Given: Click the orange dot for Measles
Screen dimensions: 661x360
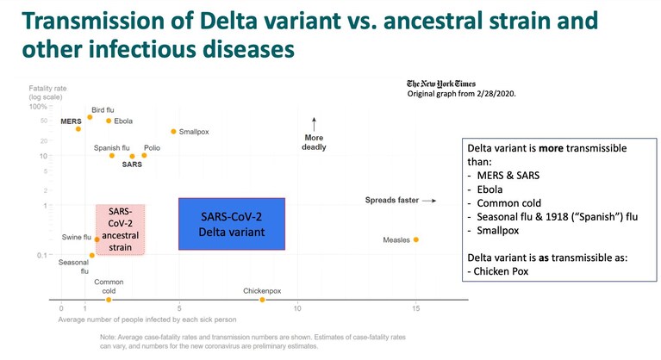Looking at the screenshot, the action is point(416,239).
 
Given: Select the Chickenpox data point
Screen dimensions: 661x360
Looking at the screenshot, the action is point(262,300).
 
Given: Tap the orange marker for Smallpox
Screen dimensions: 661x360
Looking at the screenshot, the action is point(173,132).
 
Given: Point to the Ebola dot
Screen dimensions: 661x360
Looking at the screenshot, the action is point(109,121).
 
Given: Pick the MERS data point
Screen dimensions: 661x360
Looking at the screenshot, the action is point(78,129).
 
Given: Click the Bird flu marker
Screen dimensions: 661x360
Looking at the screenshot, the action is point(90,117).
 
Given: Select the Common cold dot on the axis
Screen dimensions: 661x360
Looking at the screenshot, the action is point(109,300).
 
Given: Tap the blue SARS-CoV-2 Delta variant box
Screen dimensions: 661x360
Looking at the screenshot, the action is point(232,224).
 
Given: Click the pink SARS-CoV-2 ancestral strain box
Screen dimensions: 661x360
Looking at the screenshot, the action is point(120,229).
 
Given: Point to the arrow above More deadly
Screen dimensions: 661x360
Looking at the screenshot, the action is point(314,125).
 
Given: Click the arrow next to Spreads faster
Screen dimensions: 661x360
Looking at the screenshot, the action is point(429,201).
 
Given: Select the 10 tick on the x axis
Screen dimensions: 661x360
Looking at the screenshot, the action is point(297,308).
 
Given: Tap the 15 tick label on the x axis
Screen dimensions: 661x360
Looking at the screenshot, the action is point(416,308).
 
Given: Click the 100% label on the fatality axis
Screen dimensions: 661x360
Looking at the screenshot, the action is point(38,107).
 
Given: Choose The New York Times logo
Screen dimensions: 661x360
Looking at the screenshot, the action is point(441,84).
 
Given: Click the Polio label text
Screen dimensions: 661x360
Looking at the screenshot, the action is point(153,148).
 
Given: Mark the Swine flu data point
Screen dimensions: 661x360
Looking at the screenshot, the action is point(97,239).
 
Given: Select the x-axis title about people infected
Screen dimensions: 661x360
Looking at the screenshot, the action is point(147,320).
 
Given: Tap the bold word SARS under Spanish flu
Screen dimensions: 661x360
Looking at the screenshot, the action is point(132,164).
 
